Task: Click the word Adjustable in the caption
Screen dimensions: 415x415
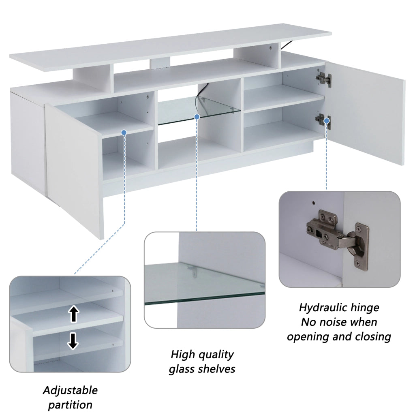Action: coord(70,391)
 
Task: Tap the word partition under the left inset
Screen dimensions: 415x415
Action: coord(70,405)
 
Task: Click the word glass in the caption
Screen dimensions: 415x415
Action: coord(183,369)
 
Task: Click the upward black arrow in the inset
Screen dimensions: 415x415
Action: coord(74,314)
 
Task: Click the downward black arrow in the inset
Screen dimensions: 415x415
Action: coord(73,341)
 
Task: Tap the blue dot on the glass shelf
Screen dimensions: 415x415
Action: coord(197,116)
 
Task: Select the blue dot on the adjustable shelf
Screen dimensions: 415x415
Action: coord(124,133)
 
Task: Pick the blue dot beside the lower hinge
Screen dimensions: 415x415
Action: coord(327,121)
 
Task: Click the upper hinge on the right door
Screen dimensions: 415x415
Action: coord(323,79)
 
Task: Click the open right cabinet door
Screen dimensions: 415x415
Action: coord(365,114)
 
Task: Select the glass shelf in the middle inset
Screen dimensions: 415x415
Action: coord(204,283)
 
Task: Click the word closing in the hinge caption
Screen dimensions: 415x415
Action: coord(373,337)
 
